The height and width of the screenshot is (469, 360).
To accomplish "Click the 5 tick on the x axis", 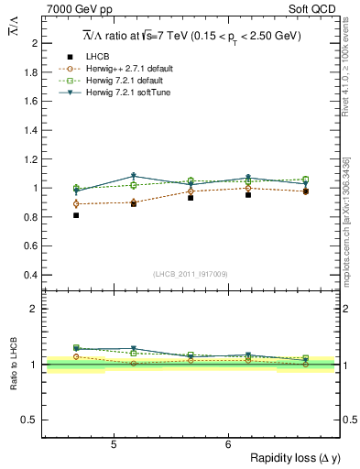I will click(113, 444).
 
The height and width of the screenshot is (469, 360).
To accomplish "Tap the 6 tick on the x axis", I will click(227, 444).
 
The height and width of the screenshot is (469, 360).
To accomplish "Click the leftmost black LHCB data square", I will click(76, 215).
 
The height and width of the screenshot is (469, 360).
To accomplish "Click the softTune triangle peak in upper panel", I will click(134, 176).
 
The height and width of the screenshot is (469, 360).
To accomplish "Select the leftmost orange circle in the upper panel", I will click(76, 204).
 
